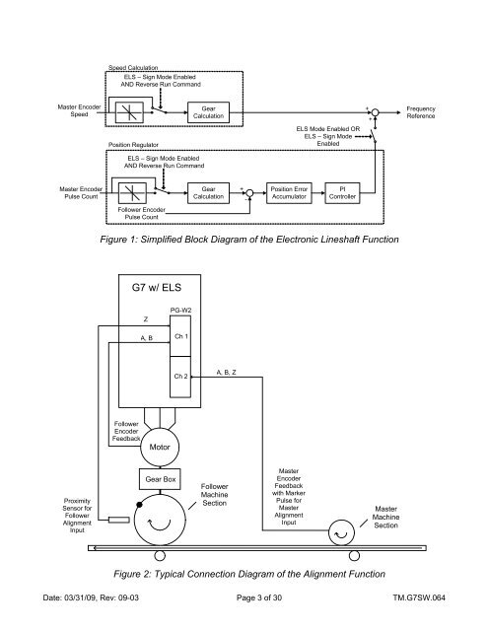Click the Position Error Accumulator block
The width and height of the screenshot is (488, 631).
point(289,193)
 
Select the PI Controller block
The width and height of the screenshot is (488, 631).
point(342,193)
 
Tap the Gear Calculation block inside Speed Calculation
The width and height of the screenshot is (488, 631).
point(208,112)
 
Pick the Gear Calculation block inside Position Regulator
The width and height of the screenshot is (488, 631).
point(208,193)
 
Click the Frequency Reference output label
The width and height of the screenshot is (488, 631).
point(421,112)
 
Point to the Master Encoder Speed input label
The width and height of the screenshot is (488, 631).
point(79,110)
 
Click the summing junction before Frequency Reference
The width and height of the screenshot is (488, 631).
point(375,112)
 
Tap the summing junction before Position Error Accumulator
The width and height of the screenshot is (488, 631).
point(249,193)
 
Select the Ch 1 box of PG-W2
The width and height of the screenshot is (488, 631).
point(180,336)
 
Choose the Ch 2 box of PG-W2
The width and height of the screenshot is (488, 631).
point(180,377)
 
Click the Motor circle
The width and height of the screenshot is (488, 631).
point(160,447)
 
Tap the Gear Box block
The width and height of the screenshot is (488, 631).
point(160,479)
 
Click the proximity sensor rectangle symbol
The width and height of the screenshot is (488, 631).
point(119,520)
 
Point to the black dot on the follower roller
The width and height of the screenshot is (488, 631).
point(139,505)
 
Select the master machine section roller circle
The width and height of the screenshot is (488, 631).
point(341,532)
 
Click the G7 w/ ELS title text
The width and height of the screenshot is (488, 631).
point(157,288)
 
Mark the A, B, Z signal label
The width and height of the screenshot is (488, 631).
point(226,373)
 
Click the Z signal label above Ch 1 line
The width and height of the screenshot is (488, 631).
point(146,319)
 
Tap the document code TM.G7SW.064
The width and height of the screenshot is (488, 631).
point(419,597)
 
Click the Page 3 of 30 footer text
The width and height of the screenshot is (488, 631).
point(259,597)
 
